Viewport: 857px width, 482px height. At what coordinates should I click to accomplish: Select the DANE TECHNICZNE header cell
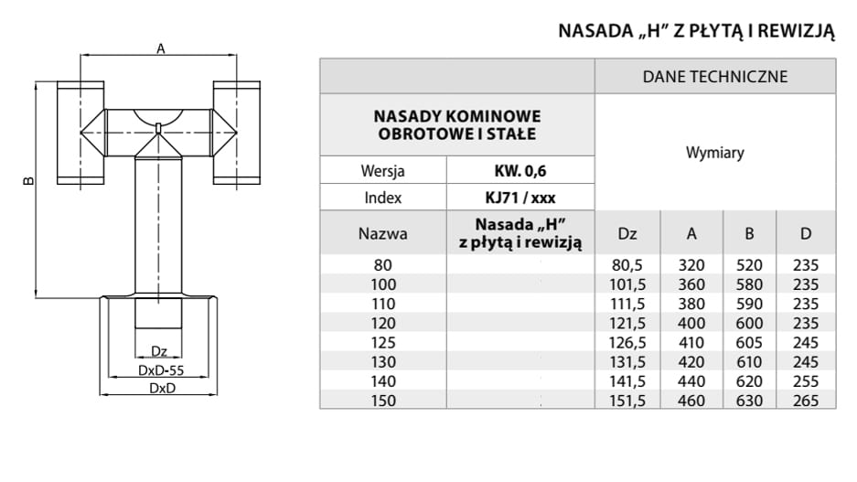715,77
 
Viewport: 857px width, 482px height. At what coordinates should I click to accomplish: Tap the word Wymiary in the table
715,153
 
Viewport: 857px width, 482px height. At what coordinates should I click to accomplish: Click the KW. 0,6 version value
520,171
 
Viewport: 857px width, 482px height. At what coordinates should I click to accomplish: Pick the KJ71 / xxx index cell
520,198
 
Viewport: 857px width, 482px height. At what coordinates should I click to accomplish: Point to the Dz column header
627,234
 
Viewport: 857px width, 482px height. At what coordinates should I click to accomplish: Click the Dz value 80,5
627,265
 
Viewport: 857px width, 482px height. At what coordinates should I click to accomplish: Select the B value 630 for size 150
750,400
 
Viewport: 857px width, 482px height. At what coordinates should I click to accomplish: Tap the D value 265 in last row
805,400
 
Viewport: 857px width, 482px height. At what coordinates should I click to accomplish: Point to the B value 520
750,265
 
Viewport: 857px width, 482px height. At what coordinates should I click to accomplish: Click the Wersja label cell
383,171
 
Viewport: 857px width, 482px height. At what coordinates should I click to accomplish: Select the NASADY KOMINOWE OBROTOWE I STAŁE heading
457,125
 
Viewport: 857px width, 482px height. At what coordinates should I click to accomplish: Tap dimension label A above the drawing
161,49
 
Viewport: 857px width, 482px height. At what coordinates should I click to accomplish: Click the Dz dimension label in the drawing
159,351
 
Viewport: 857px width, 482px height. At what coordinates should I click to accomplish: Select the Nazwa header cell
383,234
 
